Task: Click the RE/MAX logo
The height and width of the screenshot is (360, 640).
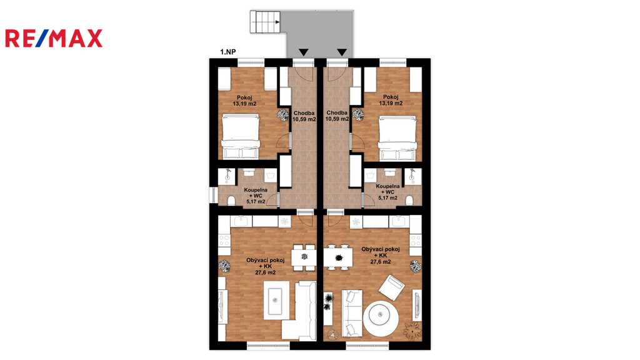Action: [54, 38]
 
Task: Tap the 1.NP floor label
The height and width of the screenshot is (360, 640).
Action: [227, 52]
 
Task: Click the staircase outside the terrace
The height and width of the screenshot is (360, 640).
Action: [265, 22]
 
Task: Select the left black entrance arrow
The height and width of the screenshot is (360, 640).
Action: [303, 52]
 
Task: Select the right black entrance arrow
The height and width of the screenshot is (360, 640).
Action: [342, 52]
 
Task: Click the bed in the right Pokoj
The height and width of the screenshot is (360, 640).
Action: [397, 138]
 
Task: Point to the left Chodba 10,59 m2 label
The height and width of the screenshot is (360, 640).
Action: [304, 116]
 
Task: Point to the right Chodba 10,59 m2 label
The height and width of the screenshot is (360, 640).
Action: [337, 116]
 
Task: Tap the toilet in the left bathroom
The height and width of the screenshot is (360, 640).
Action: [231, 201]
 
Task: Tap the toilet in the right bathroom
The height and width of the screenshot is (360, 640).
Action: [409, 201]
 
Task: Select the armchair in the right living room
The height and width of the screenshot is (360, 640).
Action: [391, 287]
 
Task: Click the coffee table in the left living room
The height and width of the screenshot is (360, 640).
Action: [276, 301]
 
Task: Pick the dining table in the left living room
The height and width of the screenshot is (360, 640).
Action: [304, 257]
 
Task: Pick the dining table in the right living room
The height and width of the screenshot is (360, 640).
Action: [338, 257]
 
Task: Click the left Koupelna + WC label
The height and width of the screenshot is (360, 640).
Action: [256, 196]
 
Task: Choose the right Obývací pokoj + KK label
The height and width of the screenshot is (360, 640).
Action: [381, 256]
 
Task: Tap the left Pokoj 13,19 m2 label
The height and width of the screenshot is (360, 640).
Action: [244, 101]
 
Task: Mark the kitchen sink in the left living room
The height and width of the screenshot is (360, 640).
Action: [241, 221]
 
